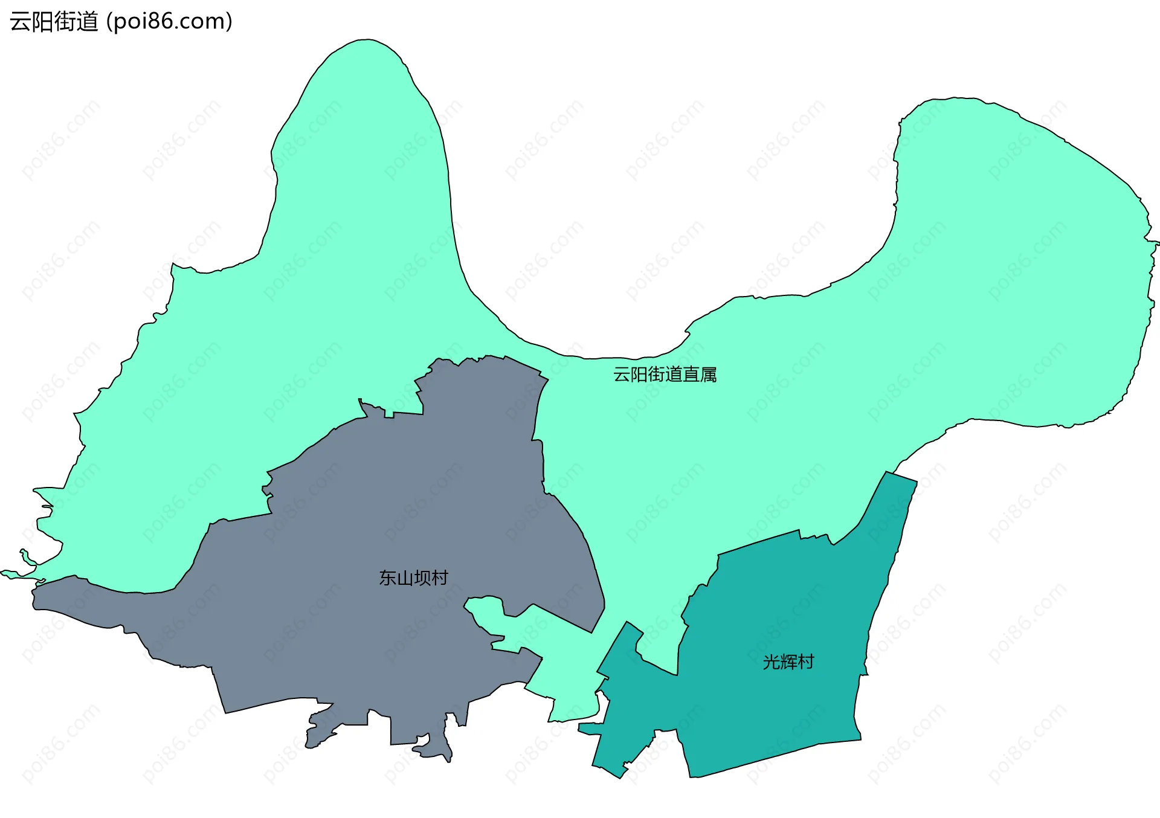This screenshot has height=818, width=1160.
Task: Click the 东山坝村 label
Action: [413, 578]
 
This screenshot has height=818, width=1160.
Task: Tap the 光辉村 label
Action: [788, 662]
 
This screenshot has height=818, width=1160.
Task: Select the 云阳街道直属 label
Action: [665, 375]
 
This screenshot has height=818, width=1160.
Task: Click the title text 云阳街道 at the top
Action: [54, 22]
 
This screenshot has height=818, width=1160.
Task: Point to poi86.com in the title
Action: [169, 22]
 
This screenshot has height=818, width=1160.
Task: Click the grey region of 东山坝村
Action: [362, 634]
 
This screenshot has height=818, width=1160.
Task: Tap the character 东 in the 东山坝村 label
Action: [387, 578]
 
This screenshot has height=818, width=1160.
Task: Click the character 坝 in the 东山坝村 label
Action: [422, 578]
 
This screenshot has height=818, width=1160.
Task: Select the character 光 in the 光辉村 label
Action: [771, 662]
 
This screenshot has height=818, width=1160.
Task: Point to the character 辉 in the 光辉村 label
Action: [788, 662]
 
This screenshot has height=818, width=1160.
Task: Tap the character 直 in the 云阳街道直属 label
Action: [691, 375]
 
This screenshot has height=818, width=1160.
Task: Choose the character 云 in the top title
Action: [21, 22]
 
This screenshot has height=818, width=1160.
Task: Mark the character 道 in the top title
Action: [87, 22]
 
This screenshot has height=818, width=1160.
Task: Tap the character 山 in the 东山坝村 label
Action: [405, 578]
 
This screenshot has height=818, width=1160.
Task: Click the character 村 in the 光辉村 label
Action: [805, 662]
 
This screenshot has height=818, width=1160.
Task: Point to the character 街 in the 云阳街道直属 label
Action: [656, 375]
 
